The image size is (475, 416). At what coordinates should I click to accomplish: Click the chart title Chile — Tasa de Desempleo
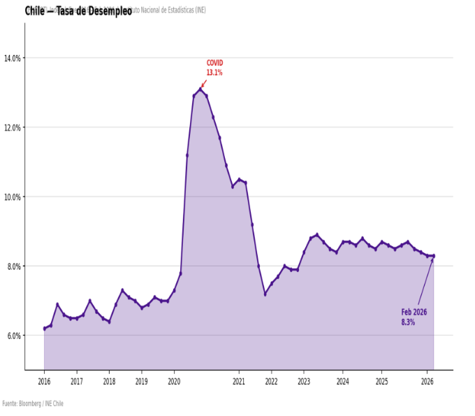pyautogui.click(x=78, y=11)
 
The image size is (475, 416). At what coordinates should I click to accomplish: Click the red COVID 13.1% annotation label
pyautogui.click(x=214, y=68)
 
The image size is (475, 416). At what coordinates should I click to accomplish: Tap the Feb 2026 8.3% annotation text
pyautogui.click(x=414, y=317)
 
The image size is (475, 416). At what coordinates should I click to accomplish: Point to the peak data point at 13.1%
pyautogui.click(x=200, y=89)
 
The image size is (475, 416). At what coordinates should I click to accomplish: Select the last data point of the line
pyautogui.click(x=433, y=256)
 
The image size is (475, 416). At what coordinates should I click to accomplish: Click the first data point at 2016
pyautogui.click(x=44, y=329)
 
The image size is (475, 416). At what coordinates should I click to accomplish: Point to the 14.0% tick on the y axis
pyautogui.click(x=12, y=58)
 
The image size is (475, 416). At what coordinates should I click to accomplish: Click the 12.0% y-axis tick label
pyautogui.click(x=12, y=127)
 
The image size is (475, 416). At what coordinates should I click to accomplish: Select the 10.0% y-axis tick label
pyautogui.click(x=12, y=196)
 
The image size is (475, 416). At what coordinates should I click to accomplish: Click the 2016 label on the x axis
pyautogui.click(x=44, y=382)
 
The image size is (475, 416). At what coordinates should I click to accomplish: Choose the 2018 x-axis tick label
pyautogui.click(x=109, y=382)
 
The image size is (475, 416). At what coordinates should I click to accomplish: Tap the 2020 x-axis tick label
pyautogui.click(x=174, y=382)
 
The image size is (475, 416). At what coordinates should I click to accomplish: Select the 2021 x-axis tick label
pyautogui.click(x=239, y=382)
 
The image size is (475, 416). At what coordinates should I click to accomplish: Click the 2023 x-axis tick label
pyautogui.click(x=304, y=382)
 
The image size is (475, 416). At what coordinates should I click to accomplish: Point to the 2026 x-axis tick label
pyautogui.click(x=427, y=382)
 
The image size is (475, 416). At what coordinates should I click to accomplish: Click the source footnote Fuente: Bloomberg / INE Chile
pyautogui.click(x=33, y=403)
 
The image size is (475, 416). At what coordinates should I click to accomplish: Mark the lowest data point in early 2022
pyautogui.click(x=265, y=294)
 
